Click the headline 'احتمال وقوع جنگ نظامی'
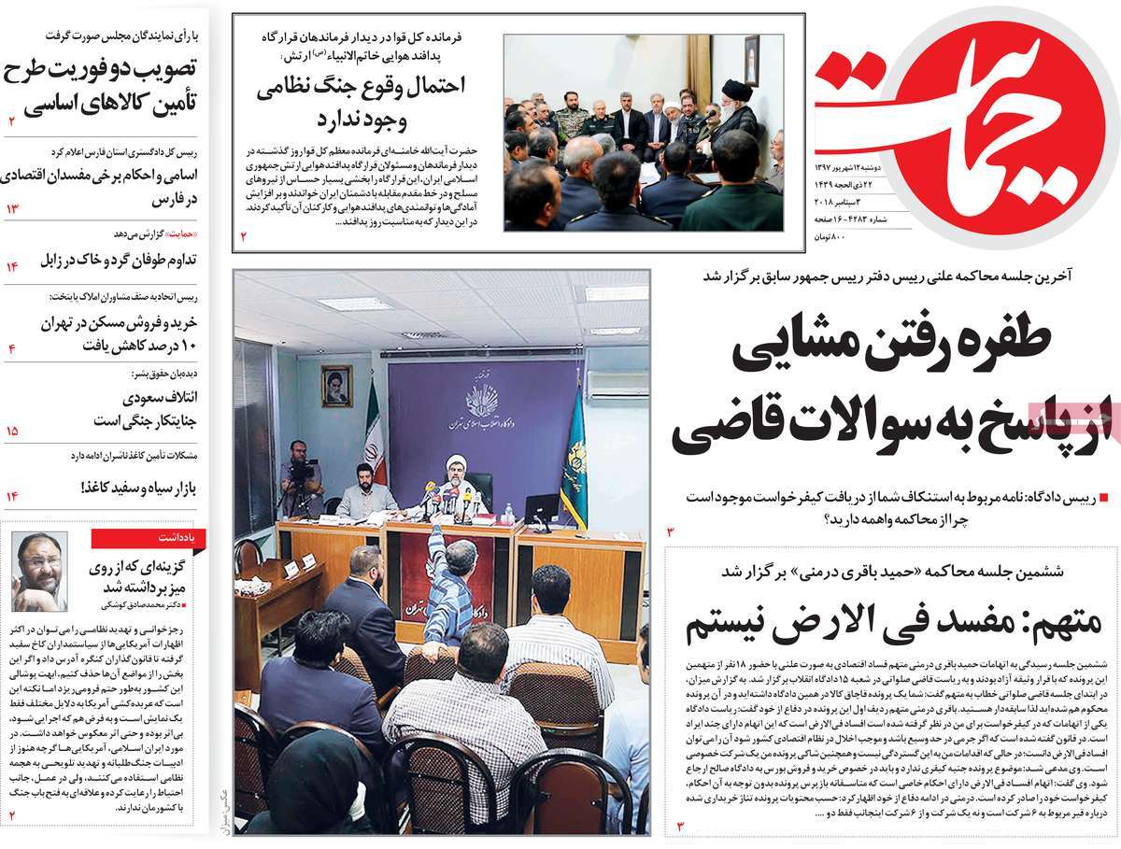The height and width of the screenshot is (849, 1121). click(x=365, y=86)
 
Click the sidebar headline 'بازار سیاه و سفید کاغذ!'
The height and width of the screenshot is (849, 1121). click(x=136, y=488)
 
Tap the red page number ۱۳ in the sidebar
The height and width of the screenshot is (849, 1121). click(x=13, y=208)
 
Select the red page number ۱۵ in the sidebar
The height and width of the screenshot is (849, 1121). click(x=13, y=432)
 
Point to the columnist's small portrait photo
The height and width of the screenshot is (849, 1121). click(x=39, y=571)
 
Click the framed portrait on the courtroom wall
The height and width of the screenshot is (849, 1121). click(x=336, y=386)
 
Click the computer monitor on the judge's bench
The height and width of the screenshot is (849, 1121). click(x=542, y=509)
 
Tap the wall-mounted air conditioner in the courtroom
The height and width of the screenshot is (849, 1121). click(x=617, y=384)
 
